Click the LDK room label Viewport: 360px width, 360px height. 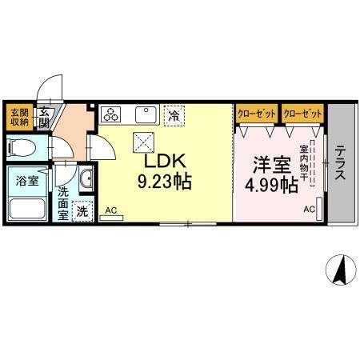(165, 161)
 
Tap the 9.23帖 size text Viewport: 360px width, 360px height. (165, 182)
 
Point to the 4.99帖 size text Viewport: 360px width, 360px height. (271, 186)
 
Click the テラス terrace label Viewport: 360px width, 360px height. (341, 162)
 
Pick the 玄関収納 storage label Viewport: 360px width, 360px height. (19, 117)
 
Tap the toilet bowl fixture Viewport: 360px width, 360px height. (22, 147)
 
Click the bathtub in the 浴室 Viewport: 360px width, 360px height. (27, 209)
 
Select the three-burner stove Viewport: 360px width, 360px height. (111, 114)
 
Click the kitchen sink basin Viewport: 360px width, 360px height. (146, 114)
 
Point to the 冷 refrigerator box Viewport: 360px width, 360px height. (174, 115)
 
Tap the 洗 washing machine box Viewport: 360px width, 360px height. (82, 211)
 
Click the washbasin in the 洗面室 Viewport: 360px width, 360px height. (86, 178)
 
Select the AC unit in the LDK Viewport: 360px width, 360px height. (111, 218)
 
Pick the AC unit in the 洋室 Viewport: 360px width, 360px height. (319, 209)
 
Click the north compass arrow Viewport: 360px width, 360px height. (341, 270)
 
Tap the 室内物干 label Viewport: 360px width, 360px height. (303, 162)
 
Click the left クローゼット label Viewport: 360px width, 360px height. (257, 114)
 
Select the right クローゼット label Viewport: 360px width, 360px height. (302, 114)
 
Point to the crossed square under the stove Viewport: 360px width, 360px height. (144, 142)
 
